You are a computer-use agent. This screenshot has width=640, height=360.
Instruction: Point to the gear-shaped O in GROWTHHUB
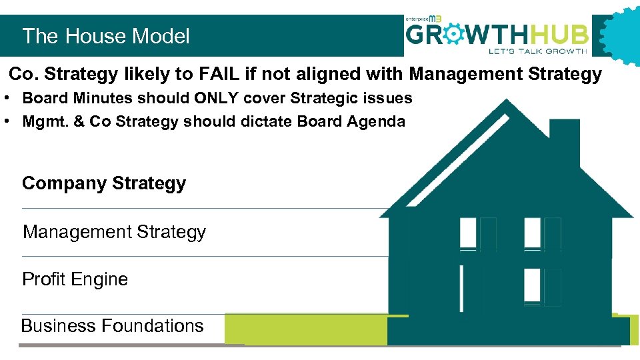point(459,33)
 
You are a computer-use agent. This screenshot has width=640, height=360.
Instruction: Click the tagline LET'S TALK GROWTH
point(537,51)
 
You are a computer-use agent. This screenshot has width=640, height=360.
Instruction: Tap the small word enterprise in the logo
point(421,19)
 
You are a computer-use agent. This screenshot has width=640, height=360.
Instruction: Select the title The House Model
point(106,36)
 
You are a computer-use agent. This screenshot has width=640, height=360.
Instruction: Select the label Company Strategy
point(104,183)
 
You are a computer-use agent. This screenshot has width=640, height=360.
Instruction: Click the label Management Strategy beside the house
point(114,232)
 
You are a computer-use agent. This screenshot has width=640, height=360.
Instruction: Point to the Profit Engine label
point(75,279)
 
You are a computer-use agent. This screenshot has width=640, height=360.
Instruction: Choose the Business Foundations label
point(112,325)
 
